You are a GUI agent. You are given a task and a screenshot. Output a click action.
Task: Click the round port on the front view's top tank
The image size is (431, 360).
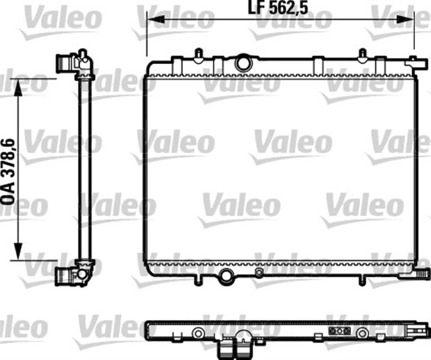coord(242,63)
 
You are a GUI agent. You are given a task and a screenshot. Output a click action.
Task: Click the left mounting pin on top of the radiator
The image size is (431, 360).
coord(197,53)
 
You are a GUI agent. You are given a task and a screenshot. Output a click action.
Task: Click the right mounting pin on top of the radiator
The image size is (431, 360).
coord(361,53)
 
